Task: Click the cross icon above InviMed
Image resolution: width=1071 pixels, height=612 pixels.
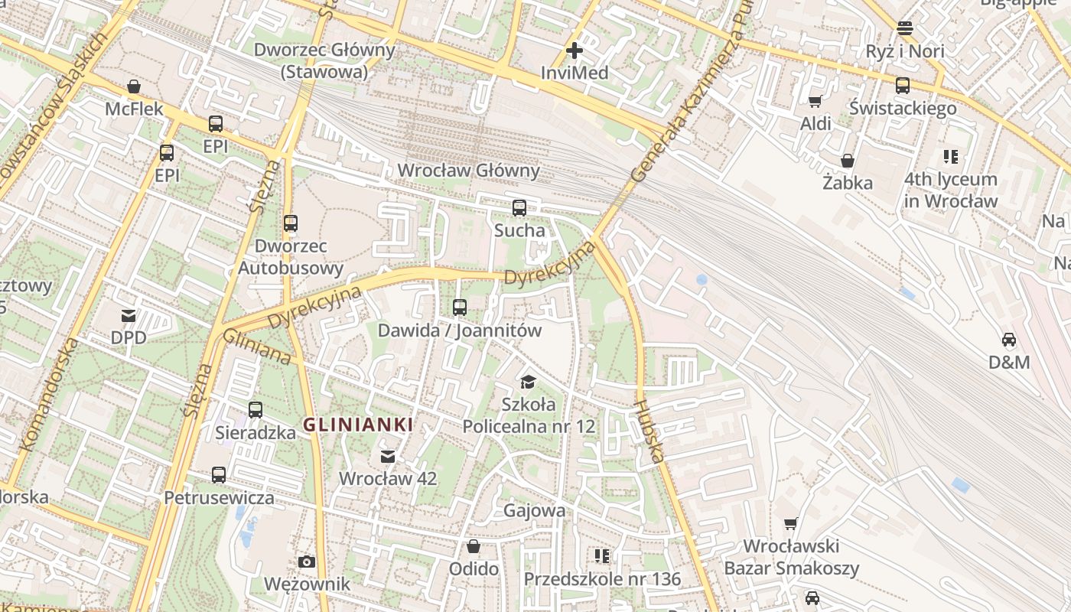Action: coord(574,51)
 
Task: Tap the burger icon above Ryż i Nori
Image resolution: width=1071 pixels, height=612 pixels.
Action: coord(905,29)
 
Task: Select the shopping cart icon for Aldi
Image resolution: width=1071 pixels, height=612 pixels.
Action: coord(815,102)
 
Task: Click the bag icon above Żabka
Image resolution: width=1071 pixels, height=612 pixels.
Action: coord(848,161)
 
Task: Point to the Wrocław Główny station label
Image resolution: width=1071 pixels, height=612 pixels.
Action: coord(468,171)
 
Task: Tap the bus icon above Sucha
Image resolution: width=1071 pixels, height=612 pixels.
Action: coord(519,208)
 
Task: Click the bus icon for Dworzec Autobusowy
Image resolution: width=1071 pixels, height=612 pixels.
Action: coord(291,223)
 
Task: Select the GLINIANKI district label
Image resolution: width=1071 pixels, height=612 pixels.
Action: coord(358,425)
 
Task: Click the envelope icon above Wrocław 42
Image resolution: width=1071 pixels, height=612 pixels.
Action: coord(388,457)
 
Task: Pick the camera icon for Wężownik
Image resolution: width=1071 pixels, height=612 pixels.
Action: coord(307,562)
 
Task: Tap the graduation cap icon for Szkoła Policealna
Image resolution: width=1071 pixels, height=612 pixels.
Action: coord(528,382)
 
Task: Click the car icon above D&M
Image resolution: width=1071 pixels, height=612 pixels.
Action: coord(1009,340)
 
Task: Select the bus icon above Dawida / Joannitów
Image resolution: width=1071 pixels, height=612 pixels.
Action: coord(460,308)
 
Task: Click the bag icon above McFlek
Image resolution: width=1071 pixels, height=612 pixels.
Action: coord(134,86)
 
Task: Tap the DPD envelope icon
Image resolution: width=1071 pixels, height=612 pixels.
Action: coord(128,315)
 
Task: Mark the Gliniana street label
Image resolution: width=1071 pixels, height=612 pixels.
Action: coord(257,347)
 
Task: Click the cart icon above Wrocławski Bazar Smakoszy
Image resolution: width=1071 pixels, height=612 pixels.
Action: coord(791,524)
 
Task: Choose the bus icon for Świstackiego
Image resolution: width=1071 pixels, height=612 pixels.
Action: coord(903,86)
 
